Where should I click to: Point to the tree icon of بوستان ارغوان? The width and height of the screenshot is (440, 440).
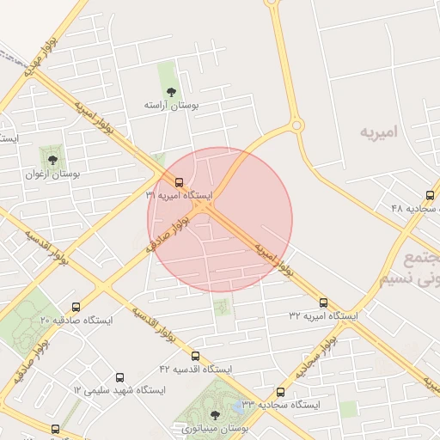(53, 158)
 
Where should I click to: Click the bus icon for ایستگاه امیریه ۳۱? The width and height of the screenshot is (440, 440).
(179, 182)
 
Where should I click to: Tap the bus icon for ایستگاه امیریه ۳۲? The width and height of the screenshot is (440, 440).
(324, 302)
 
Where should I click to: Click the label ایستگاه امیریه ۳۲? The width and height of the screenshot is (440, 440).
(323, 316)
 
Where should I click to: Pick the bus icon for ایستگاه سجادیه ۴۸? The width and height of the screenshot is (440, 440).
(430, 195)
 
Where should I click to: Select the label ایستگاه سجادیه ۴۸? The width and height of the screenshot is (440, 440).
(414, 209)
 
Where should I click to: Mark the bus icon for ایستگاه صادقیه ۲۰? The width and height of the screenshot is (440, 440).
(76, 307)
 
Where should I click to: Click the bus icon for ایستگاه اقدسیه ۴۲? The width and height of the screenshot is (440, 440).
(196, 356)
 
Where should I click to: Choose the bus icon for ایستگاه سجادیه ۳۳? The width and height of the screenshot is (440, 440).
(280, 391)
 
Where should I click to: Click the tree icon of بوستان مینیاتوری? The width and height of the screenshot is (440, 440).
(215, 415)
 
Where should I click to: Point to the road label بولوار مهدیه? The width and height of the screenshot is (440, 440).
(40, 53)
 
